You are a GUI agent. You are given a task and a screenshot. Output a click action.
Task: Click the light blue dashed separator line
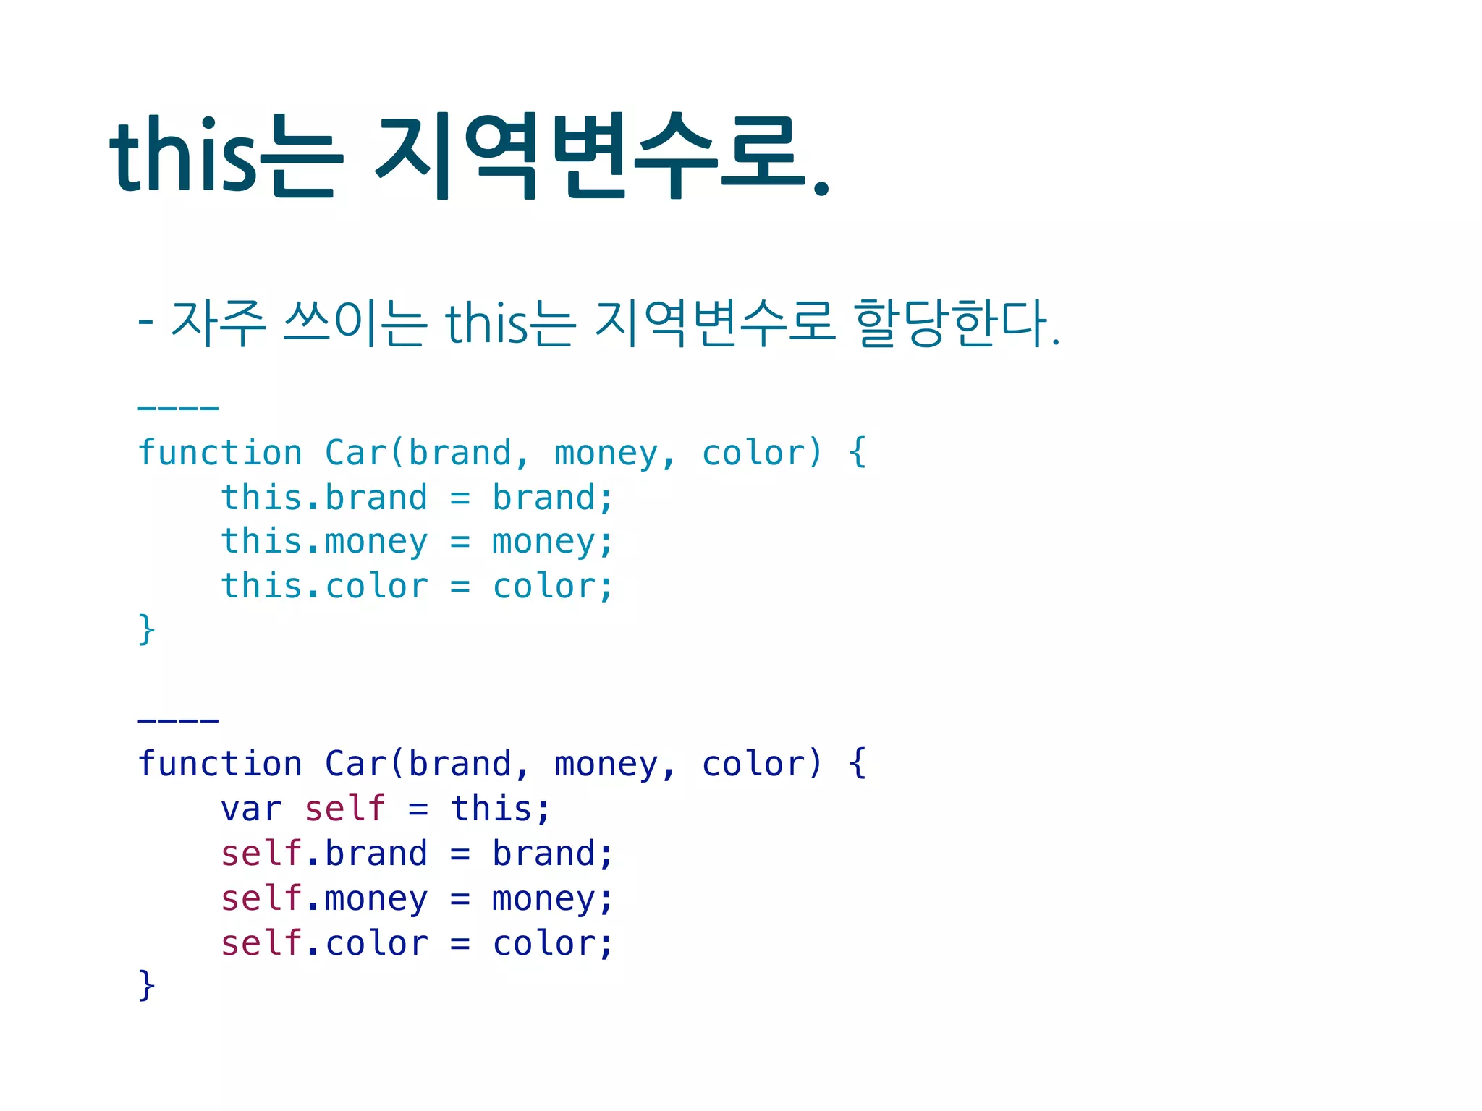(178, 409)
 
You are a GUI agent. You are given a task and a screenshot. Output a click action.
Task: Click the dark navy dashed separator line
(178, 720)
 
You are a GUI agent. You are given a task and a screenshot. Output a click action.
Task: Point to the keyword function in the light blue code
(220, 454)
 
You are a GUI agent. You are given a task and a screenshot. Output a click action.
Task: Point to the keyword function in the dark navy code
(220, 765)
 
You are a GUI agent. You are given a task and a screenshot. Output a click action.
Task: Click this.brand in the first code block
(324, 498)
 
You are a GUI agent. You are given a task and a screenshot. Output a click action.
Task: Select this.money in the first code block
(324, 542)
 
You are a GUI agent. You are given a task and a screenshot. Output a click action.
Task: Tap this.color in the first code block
(324, 587)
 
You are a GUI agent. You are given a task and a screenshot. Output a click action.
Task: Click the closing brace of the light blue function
(146, 629)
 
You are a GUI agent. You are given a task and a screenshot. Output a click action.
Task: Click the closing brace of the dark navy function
(146, 986)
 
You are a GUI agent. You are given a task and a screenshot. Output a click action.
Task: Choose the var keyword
(251, 809)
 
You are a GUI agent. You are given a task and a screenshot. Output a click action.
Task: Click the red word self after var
(344, 809)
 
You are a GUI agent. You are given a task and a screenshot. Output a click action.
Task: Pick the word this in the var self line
(492, 809)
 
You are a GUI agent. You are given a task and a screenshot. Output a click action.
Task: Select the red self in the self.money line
(261, 898)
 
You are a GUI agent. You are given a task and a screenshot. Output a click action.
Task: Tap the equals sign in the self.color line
(460, 944)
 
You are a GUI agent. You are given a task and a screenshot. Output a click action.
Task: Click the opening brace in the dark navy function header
(858, 764)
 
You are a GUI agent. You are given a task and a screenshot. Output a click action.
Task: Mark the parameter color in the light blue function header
(753, 454)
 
